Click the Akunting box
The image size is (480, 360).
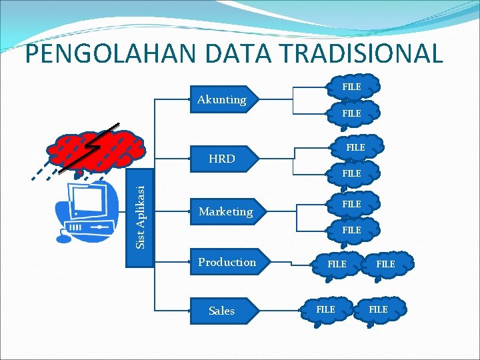pyautogui.click(x=224, y=100)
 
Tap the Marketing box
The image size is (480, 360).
pyautogui.click(x=227, y=211)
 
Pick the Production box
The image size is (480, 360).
pyautogui.click(x=227, y=262)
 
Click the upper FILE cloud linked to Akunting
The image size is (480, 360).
pyautogui.click(x=352, y=87)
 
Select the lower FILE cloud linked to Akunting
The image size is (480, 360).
pyautogui.click(x=352, y=113)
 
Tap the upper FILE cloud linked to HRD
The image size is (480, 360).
pyautogui.click(x=356, y=147)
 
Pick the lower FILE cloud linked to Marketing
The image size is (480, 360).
pyautogui.click(x=352, y=230)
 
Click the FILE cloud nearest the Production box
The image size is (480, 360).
pyautogui.click(x=337, y=265)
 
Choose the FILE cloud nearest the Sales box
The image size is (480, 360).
pyautogui.click(x=325, y=309)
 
